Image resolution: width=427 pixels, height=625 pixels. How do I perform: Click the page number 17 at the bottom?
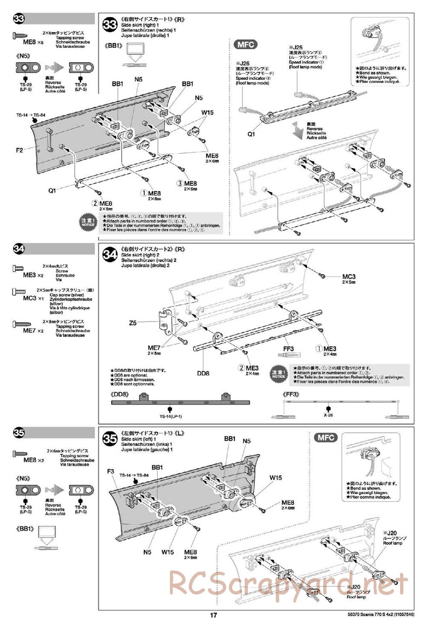click(213, 615)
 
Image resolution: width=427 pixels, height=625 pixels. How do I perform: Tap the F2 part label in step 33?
click(19, 150)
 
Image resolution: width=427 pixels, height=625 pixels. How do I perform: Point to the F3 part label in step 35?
click(110, 471)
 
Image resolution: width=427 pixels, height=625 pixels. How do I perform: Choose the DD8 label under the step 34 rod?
click(203, 373)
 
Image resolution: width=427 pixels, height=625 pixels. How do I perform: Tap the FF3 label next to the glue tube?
click(288, 349)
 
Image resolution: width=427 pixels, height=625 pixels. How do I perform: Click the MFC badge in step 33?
click(246, 44)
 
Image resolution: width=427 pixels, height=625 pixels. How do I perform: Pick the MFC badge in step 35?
click(326, 438)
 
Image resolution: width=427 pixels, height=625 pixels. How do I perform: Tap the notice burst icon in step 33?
click(88, 222)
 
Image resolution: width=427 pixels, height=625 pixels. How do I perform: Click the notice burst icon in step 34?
click(279, 374)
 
